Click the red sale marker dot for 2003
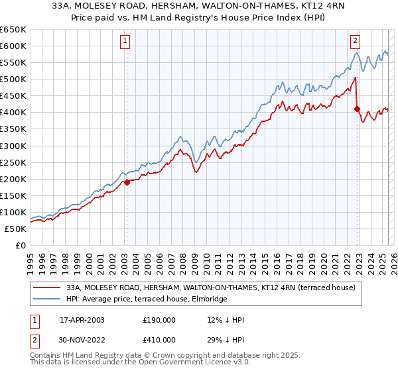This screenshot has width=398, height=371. [127, 182]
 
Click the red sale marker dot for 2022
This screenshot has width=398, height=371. [357, 109]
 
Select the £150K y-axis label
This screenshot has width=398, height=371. [14, 195]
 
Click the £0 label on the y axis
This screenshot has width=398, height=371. [21, 245]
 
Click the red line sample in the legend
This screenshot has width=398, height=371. [46, 288]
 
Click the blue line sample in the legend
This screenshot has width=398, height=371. [46, 299]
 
